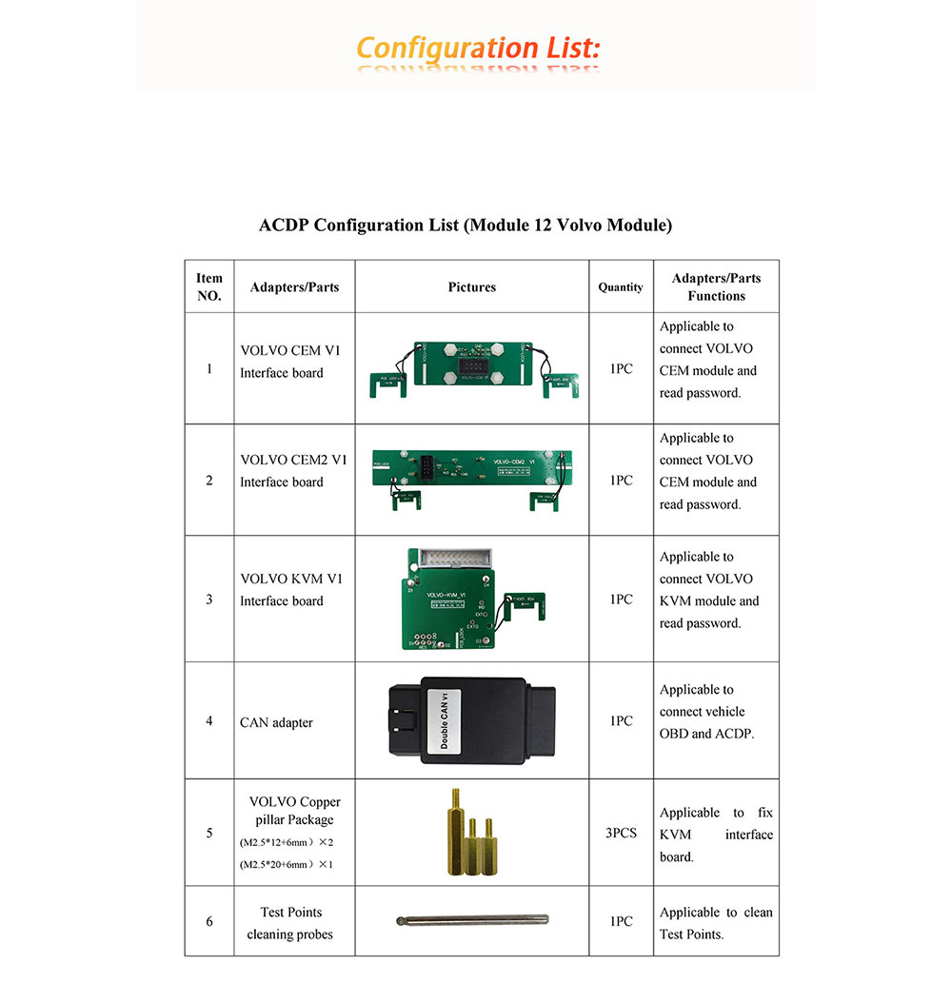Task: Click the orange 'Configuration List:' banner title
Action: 478,48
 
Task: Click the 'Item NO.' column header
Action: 209,286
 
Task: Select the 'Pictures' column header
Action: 472,286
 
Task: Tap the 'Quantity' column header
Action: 621,286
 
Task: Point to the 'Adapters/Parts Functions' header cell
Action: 716,286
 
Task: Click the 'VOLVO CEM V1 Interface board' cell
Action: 282,362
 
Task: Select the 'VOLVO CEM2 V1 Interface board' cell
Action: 293,471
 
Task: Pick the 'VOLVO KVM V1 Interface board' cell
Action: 282,589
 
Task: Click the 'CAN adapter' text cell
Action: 276,722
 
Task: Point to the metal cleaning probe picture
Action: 472,920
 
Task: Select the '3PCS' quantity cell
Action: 621,833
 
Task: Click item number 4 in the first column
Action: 209,720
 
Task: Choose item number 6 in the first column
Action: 209,921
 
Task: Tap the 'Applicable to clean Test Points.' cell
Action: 716,923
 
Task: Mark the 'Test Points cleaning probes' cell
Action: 289,923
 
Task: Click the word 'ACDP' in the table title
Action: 285,226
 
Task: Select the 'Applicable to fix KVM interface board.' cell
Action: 716,835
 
